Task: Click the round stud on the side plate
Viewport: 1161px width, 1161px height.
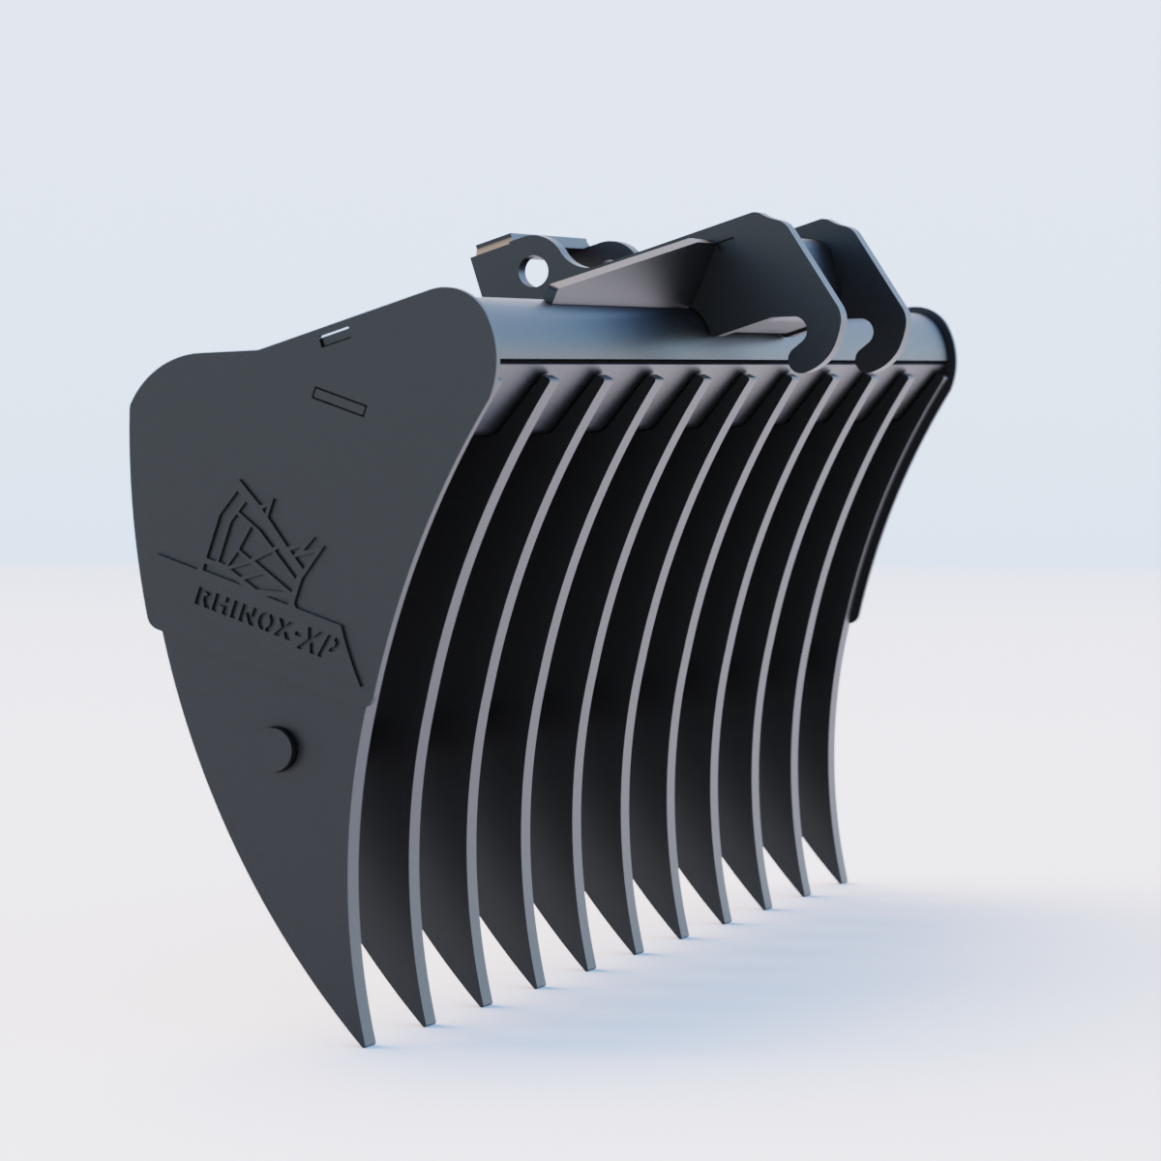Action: [283, 747]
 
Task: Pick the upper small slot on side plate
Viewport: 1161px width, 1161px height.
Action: [335, 335]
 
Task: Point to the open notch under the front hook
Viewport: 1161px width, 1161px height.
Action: [795, 339]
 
